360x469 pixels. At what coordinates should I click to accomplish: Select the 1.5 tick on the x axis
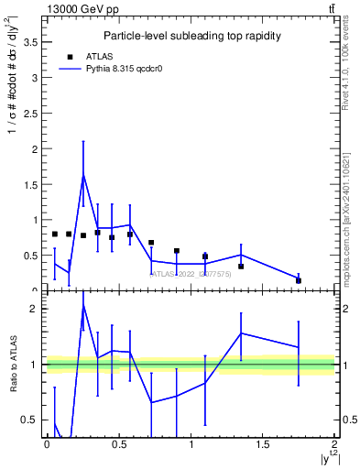(263, 444)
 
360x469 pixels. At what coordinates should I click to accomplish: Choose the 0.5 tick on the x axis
(118, 444)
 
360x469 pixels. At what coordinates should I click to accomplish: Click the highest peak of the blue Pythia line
(83, 174)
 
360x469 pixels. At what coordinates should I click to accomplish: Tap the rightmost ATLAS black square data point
(299, 280)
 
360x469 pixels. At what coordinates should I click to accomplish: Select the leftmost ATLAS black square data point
(55, 234)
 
